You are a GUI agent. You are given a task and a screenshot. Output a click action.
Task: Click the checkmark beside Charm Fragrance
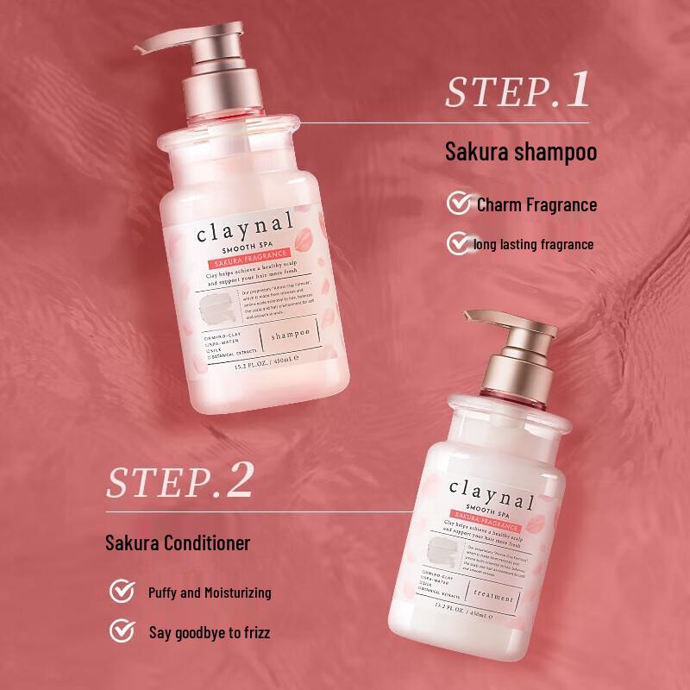tap(457, 204)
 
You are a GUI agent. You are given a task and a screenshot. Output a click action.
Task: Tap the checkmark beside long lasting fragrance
tap(457, 244)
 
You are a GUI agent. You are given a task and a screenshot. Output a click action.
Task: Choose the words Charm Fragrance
tap(536, 204)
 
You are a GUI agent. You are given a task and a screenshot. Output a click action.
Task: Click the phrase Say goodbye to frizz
tap(210, 632)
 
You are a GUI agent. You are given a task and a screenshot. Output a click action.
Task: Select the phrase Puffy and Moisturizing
tap(210, 593)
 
